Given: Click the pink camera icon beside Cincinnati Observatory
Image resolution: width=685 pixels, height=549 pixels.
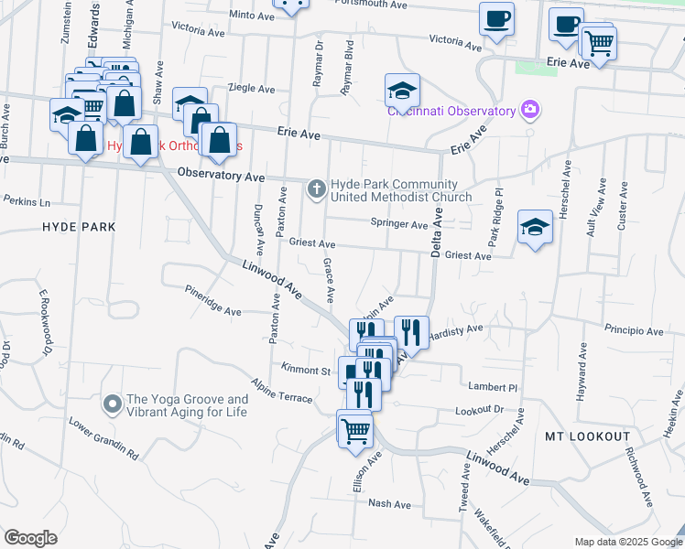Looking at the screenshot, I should click(x=529, y=112).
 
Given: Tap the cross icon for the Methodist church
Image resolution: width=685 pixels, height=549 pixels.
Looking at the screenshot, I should click(x=317, y=189).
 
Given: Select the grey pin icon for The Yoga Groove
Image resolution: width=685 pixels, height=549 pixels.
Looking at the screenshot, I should click(x=112, y=404).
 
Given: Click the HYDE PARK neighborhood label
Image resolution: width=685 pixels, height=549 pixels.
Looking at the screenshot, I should click(x=78, y=226).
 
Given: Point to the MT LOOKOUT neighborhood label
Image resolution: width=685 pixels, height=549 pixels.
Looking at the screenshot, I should click(x=588, y=436).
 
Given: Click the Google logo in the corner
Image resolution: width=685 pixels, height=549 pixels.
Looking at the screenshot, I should click(x=30, y=537).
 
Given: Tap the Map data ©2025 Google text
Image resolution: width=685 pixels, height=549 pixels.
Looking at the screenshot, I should click(x=627, y=541).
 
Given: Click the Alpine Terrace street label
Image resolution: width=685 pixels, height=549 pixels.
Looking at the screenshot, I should click(x=284, y=389).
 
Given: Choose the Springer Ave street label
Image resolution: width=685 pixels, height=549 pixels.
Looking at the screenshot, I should click(x=399, y=224).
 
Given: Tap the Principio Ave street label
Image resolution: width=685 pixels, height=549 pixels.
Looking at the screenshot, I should click(x=632, y=328).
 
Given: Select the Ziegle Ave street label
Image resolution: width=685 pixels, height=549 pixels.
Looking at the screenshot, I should click(x=252, y=89).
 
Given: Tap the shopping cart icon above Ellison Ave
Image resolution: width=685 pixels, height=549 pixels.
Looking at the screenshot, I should click(x=354, y=427).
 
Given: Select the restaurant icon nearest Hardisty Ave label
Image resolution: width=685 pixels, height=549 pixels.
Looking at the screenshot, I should click(x=411, y=332).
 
